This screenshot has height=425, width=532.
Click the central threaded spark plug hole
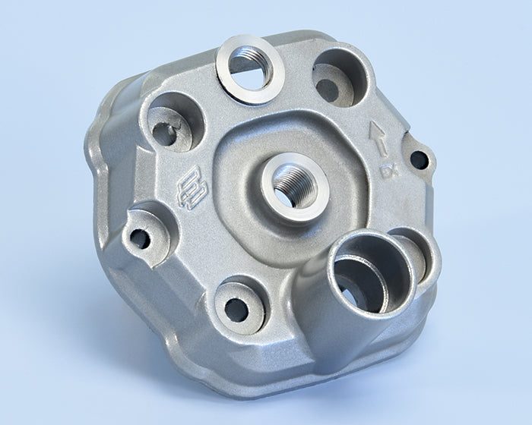click(295, 187)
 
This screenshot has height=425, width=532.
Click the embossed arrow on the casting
click(378, 139)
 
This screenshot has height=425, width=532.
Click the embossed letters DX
click(391, 171)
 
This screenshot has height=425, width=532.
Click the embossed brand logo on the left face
click(192, 187)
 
